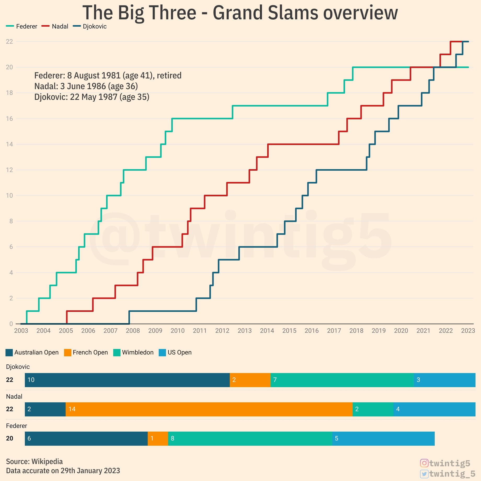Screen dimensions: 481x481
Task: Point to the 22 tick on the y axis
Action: click(9, 42)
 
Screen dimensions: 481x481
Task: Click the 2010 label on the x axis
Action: click(177, 331)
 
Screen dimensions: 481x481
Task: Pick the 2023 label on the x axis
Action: click(468, 331)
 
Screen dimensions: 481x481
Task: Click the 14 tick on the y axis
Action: click(9, 144)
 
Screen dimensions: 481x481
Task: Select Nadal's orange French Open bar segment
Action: click(209, 409)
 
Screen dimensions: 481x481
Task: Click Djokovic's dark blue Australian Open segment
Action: click(127, 380)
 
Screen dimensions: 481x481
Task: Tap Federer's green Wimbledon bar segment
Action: click(250, 438)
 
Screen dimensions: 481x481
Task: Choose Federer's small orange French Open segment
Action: click(158, 438)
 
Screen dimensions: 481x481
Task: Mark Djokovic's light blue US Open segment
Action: click(444, 380)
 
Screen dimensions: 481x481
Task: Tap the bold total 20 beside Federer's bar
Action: click(10, 438)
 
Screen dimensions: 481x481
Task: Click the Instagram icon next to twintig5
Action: click(424, 463)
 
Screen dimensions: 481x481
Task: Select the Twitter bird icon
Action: click(424, 474)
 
